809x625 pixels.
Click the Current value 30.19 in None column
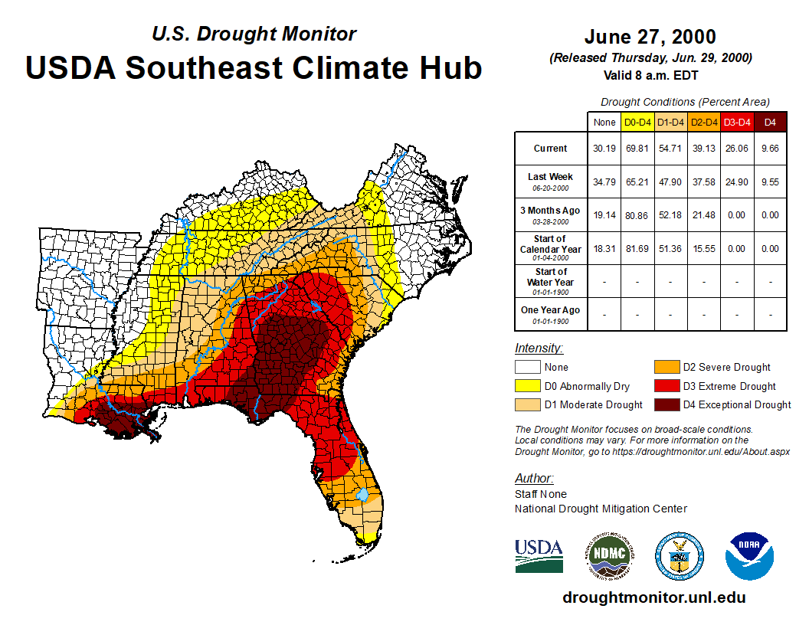(604, 149)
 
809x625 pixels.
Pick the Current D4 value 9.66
(770, 149)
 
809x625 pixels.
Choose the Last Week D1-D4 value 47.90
(670, 182)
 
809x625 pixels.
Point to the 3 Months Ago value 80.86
(637, 215)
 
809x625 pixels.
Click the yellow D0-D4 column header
(637, 122)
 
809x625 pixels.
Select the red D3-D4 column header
(737, 122)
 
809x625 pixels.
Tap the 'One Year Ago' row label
(551, 313)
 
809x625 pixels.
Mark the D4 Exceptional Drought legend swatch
(665, 404)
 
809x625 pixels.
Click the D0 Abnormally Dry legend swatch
(526, 386)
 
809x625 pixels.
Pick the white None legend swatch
(526, 368)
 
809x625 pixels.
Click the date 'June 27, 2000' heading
(650, 37)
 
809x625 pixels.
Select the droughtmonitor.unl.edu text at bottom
(653, 597)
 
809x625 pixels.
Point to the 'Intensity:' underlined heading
(539, 348)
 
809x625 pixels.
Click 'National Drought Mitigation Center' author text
(601, 509)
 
